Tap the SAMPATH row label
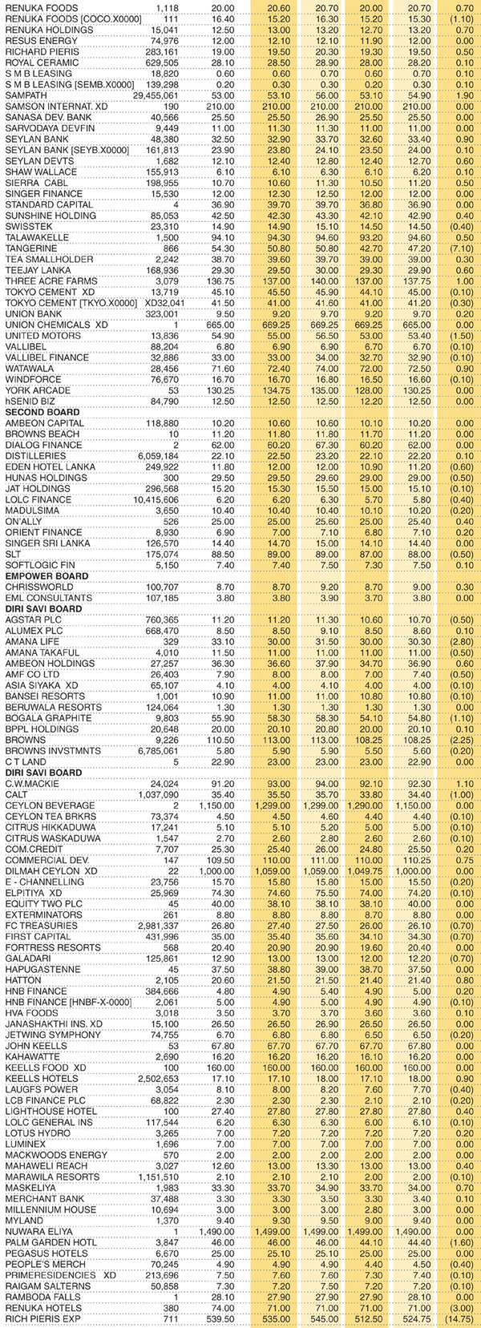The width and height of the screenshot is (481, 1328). pos(23,95)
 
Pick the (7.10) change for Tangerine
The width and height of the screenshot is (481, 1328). pos(460,248)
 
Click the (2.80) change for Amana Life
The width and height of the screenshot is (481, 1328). pos(460,642)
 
